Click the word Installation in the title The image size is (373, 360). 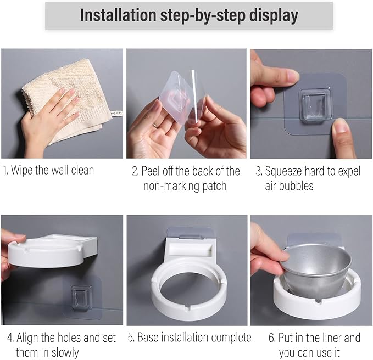(118, 15)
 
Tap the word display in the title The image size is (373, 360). (274, 16)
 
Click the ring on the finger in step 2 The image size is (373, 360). (155, 125)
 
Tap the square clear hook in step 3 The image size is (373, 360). (316, 106)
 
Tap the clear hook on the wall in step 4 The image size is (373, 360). (81, 297)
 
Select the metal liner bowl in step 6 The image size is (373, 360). (316, 271)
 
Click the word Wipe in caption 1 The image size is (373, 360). (21, 170)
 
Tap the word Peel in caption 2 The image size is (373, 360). (151, 171)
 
